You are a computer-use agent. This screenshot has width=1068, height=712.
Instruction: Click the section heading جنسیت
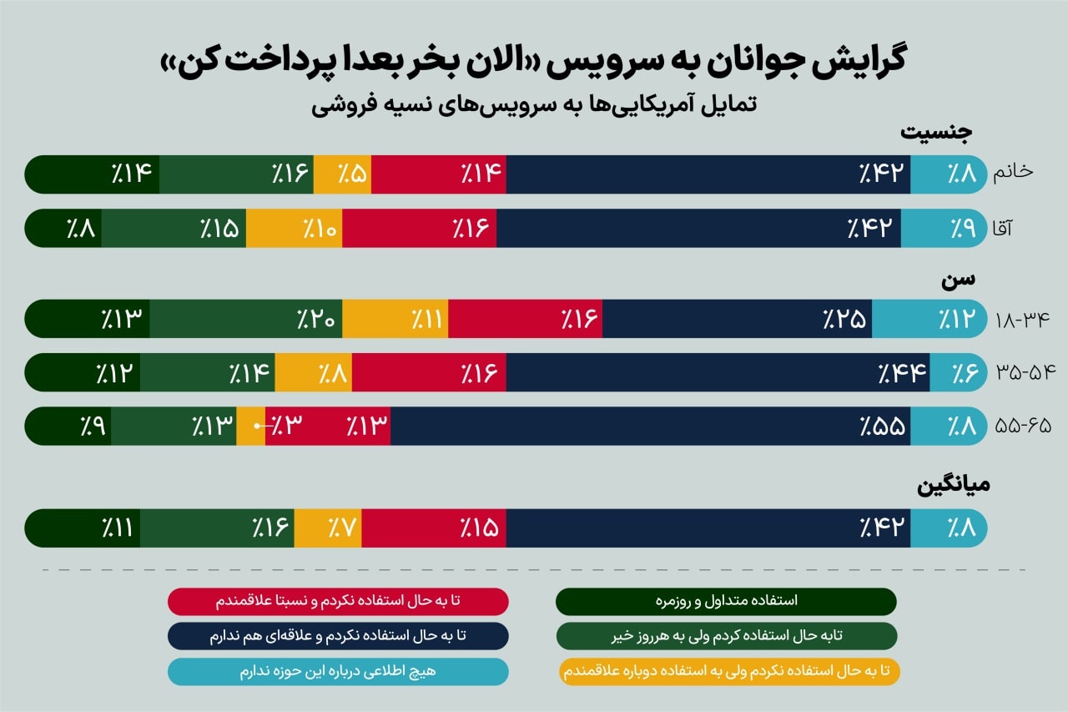(x=936, y=133)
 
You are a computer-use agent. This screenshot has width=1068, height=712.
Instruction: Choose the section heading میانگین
(x=954, y=487)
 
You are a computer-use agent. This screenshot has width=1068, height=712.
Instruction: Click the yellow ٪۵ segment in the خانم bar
(x=342, y=174)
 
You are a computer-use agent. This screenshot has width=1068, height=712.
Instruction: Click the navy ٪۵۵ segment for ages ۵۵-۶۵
(x=651, y=426)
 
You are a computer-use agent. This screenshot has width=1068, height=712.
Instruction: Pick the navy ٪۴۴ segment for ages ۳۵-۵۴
(x=718, y=372)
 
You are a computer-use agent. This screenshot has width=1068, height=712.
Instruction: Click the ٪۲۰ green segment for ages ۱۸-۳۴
(x=246, y=319)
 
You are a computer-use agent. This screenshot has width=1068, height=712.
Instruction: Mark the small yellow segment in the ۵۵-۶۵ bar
(x=250, y=426)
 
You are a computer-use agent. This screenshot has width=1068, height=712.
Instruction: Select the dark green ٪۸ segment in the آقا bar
(x=65, y=228)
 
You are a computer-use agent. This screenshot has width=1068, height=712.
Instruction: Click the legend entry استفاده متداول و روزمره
(x=727, y=601)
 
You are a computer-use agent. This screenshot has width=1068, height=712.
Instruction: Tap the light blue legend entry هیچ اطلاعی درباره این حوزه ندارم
(x=338, y=672)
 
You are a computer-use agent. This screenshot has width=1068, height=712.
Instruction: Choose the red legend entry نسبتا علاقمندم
(x=338, y=601)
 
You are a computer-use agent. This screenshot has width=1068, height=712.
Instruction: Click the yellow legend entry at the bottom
(x=727, y=672)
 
